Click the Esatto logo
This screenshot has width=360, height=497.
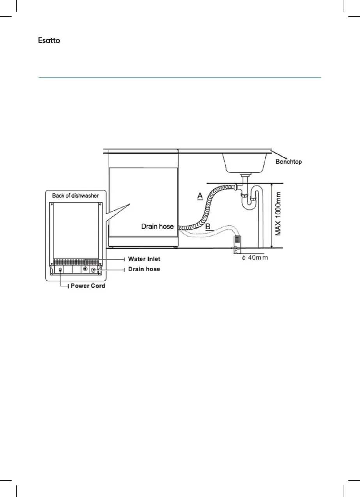(x=49, y=41)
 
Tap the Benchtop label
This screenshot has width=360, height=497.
(x=289, y=161)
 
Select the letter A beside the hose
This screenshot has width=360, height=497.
(x=199, y=196)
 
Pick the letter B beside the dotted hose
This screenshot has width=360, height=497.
(x=208, y=226)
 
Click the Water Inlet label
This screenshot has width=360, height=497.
(x=144, y=259)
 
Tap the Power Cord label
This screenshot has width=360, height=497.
(x=88, y=286)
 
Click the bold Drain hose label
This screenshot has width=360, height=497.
(x=144, y=269)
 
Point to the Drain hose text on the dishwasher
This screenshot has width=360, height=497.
(x=157, y=226)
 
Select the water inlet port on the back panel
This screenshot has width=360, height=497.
(x=85, y=269)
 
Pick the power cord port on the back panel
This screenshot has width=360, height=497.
(x=60, y=270)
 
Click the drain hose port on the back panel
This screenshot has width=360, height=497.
(x=94, y=270)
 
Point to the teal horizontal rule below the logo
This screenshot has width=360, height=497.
(x=179, y=77)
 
